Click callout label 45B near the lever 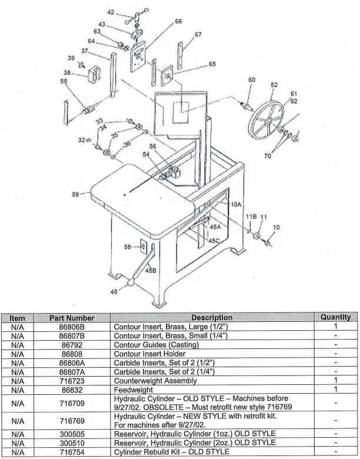(151, 270)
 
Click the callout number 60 (252, 80)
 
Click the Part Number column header (72, 318)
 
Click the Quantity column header (335, 317)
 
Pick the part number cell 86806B (72, 326)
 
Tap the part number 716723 (72, 380)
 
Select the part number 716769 (72, 421)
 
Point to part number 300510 (72, 443)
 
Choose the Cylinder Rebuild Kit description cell (171, 451)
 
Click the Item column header (17, 318)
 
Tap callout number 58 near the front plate (128, 248)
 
